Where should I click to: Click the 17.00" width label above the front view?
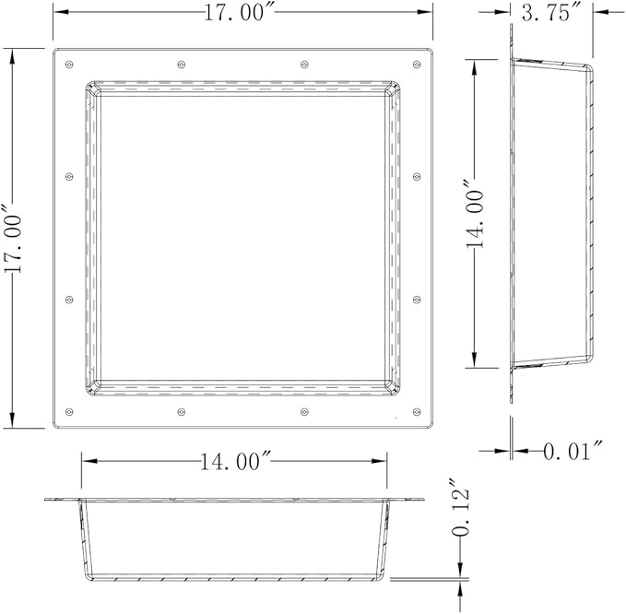240,12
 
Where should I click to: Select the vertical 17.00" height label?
12,239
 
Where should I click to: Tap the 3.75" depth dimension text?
551,13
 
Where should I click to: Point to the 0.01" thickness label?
573,451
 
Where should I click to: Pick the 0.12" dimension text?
460,507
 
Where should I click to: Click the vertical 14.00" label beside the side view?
474,215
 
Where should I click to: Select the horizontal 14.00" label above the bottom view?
236,462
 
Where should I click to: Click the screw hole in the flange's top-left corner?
68,65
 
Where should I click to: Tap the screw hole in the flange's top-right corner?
417,65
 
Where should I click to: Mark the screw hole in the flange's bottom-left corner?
68,411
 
